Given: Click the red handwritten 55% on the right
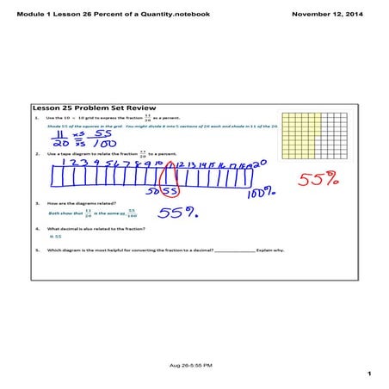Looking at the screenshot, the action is coord(319,179).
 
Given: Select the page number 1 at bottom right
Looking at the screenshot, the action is coord(367,374).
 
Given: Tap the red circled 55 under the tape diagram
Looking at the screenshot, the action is coord(170,189).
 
